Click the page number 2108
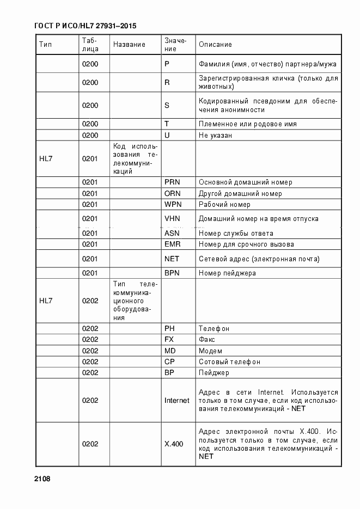point(42,479)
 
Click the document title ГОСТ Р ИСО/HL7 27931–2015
point(86,26)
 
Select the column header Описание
point(215,45)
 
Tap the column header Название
point(129,45)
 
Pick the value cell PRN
point(172,182)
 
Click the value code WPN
point(172,205)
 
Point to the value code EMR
point(172,244)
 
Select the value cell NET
point(172,259)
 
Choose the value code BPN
point(172,273)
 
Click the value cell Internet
point(177,401)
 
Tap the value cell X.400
point(174,444)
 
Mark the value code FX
point(169,340)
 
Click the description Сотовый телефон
point(229,362)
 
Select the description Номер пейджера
point(227,273)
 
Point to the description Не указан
point(216,135)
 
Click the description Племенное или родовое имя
point(248,124)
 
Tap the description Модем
point(210,351)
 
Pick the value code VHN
point(172,219)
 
